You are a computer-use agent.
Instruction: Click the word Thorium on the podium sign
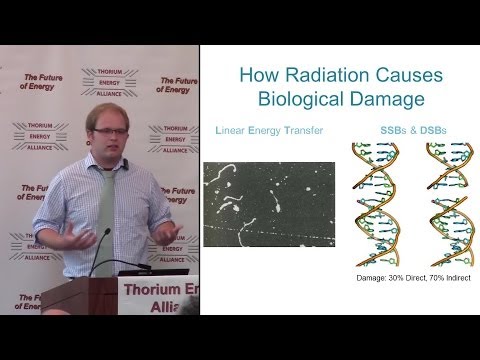(x=150, y=291)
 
